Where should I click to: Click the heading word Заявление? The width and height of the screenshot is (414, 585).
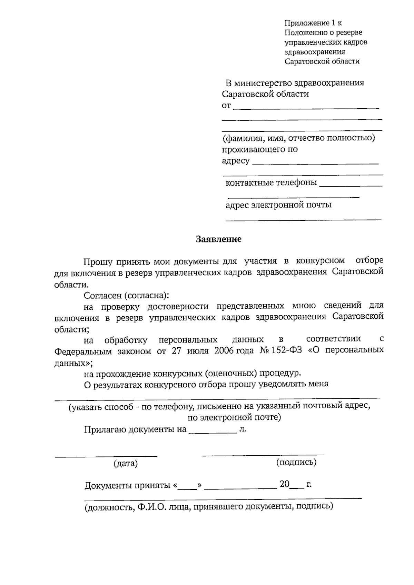click(x=218, y=239)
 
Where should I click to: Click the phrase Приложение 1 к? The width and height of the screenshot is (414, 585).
click(x=313, y=23)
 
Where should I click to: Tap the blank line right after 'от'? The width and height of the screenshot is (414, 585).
click(x=306, y=108)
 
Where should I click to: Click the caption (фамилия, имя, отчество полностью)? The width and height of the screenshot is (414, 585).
click(x=298, y=138)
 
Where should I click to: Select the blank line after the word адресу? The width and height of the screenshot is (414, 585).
click(x=315, y=163)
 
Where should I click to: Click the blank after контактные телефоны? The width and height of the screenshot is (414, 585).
click(x=351, y=186)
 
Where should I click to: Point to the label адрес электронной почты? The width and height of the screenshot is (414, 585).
click(x=278, y=205)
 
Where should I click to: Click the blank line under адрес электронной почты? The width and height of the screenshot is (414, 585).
click(x=303, y=219)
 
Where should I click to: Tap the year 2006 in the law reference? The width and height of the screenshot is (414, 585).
click(x=224, y=350)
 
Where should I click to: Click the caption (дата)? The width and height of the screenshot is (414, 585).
click(x=126, y=464)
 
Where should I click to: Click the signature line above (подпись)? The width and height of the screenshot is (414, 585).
click(x=263, y=455)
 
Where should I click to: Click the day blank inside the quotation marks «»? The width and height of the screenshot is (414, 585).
click(x=188, y=488)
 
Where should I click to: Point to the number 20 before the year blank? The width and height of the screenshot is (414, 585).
click(x=284, y=484)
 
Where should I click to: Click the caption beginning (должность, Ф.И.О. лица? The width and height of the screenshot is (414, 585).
click(x=209, y=507)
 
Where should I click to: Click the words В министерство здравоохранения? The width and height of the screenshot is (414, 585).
click(x=295, y=83)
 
